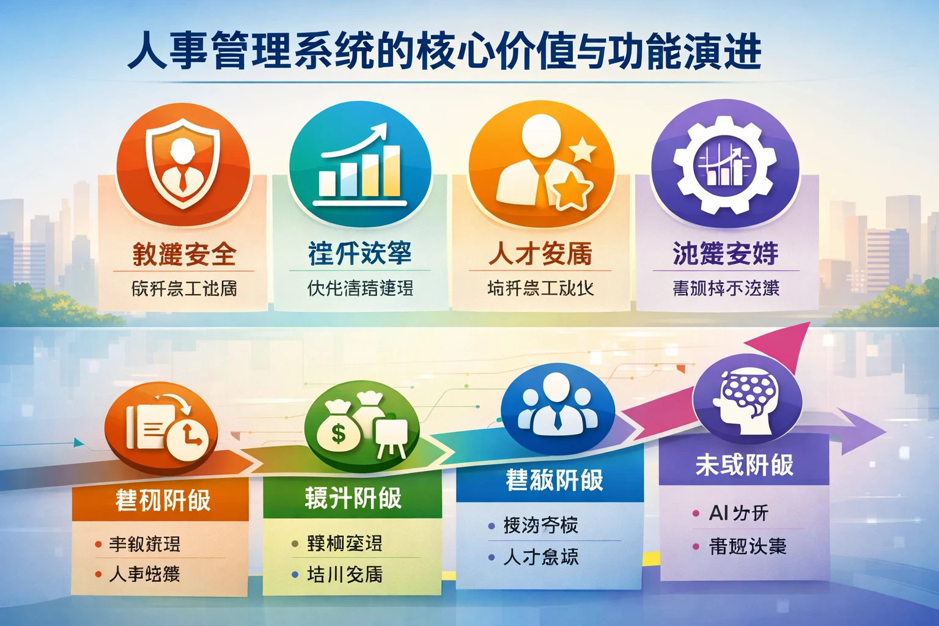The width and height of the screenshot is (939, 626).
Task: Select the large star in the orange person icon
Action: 572,189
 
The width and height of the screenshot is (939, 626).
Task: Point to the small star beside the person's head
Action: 583,149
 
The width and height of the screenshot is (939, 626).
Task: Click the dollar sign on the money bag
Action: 338,433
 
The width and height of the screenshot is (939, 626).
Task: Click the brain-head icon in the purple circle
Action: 747,397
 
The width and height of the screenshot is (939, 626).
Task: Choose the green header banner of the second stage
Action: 353,498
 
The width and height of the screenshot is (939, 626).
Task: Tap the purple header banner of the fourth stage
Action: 743,465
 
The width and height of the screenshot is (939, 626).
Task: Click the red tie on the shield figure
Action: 183,179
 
